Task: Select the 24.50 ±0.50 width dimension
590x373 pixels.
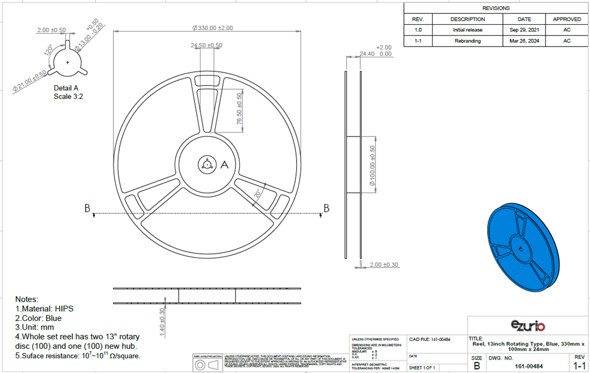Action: coord(206,46)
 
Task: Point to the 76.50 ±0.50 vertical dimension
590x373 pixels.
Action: coord(239,110)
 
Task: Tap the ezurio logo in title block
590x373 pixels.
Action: coord(528,325)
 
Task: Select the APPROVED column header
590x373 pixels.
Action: coord(566,19)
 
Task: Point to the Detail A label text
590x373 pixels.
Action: coord(66,88)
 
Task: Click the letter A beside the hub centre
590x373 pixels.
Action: coord(224,165)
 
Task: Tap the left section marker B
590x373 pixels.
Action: coord(87,208)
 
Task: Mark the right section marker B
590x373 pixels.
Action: coord(326,208)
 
